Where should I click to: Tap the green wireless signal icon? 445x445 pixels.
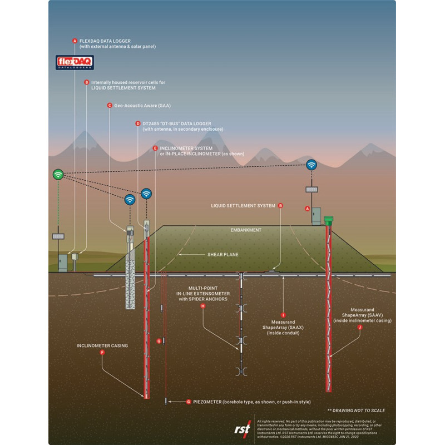[x=58, y=174]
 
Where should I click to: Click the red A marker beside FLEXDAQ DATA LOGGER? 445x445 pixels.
[x=75, y=41]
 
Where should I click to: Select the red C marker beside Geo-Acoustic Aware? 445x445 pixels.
[x=109, y=105]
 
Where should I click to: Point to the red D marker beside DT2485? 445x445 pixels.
[x=137, y=123]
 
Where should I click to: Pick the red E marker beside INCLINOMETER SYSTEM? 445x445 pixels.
[x=155, y=148]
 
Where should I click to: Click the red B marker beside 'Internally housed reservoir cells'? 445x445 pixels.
[x=86, y=82]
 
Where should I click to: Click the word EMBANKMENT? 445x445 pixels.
[x=246, y=230]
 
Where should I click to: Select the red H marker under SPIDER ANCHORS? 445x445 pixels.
[x=203, y=306]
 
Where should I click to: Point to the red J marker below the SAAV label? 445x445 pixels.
[x=360, y=328]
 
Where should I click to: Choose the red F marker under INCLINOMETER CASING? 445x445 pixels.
[x=102, y=353]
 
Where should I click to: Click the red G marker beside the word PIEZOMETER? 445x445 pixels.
[x=189, y=401]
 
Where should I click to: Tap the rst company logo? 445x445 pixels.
[x=242, y=428]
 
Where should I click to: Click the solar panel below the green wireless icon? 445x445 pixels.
[x=57, y=236]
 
